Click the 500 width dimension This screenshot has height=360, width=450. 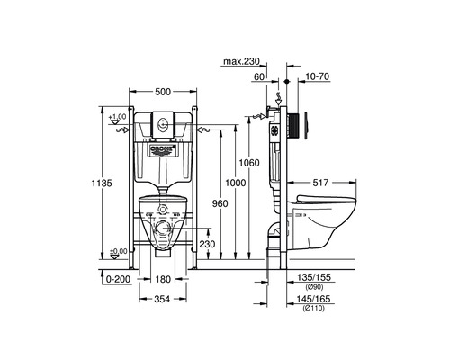[163, 91]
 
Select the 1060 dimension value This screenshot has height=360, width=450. [250, 163]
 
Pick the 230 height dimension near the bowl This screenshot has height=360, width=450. [207, 244]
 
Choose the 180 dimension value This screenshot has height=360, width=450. [162, 279]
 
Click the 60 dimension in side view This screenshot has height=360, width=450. [259, 78]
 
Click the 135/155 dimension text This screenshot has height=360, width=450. [309, 279]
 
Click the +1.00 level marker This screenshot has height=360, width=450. [116, 117]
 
